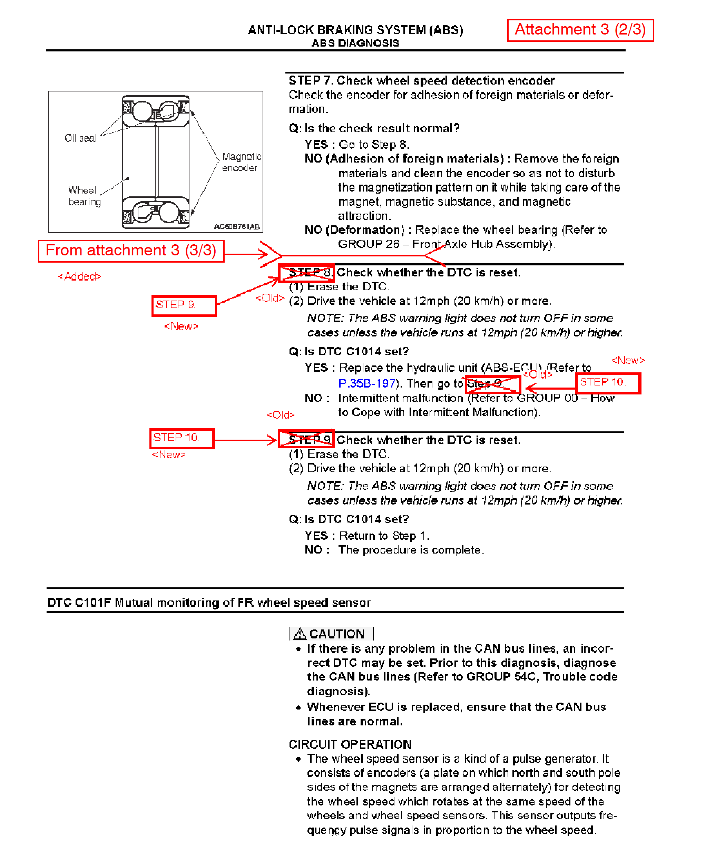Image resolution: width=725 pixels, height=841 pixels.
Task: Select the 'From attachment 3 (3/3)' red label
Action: pyautogui.click(x=131, y=251)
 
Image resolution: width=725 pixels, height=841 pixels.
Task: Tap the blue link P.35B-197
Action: pyautogui.click(x=366, y=383)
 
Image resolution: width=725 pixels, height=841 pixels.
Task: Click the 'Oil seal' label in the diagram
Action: pyautogui.click(x=81, y=138)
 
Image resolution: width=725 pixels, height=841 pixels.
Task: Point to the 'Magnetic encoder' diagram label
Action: pyautogui.click(x=241, y=162)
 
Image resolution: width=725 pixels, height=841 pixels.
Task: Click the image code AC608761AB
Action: pyautogui.click(x=237, y=226)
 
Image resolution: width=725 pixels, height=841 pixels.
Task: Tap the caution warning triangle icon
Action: pyautogui.click(x=300, y=634)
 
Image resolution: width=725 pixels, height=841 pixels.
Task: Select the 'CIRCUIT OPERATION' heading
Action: pyautogui.click(x=350, y=744)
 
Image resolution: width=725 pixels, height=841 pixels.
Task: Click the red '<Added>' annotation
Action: pyautogui.click(x=80, y=277)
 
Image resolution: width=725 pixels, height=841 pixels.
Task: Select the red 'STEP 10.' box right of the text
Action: pyautogui.click(x=608, y=383)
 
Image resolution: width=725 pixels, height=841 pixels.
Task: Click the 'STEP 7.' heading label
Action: pyautogui.click(x=311, y=80)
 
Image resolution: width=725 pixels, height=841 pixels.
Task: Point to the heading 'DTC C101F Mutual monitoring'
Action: pyautogui.click(x=209, y=602)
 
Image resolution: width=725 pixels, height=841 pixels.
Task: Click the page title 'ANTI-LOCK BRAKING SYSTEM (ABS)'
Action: pyautogui.click(x=355, y=30)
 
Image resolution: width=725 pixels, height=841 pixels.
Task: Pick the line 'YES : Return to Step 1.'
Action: pyautogui.click(x=366, y=536)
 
